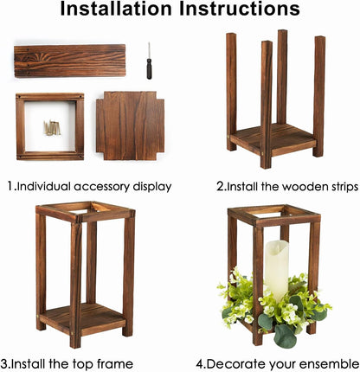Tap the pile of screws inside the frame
coord(52,128)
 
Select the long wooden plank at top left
coord(69,61)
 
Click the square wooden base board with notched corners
coord(130,125)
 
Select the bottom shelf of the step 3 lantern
coord(82,317)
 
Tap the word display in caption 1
coord(150,185)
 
